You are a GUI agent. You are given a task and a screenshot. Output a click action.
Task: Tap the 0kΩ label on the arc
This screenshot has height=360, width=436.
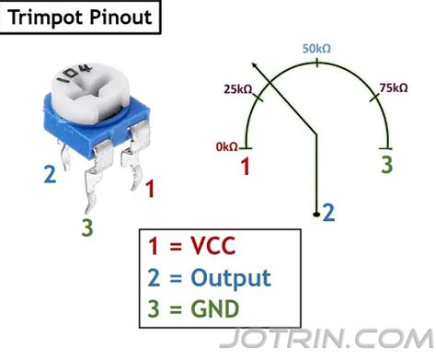226,145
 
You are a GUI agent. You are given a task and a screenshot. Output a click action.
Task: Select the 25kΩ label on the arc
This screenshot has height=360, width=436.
238,89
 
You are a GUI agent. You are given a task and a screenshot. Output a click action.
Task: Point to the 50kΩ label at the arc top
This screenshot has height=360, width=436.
318,49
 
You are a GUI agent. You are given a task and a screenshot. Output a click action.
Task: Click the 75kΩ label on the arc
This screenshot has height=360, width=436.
392,88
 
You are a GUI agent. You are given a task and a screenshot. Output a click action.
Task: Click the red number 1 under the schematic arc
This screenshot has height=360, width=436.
246,167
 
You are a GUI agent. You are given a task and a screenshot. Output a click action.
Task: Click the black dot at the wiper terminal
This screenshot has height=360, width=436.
316,214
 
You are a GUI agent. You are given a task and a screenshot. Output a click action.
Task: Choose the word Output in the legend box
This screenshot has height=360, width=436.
231,277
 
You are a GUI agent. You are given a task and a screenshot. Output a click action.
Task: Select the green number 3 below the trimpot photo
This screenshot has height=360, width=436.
86,226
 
